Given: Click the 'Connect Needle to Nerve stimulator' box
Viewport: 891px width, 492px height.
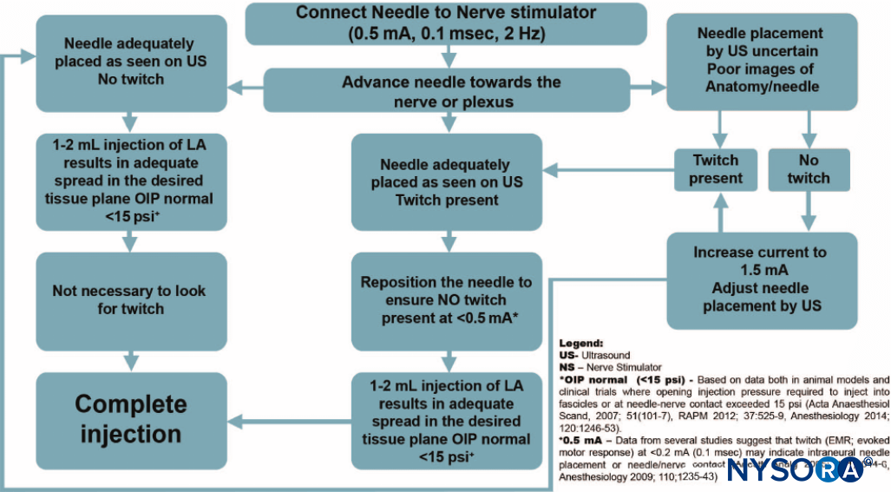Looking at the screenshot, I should point(446,23).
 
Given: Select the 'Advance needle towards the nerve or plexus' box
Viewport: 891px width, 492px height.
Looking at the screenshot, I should point(446,91).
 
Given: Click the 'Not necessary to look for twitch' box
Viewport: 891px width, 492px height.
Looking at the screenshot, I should point(130,300).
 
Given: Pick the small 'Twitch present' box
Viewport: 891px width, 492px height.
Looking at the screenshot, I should point(716,169).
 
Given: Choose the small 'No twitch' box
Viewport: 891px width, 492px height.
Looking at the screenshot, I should point(809,169).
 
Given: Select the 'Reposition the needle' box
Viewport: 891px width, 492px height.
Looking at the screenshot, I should point(446,301).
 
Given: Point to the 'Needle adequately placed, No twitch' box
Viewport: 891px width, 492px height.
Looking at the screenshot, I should point(130,60).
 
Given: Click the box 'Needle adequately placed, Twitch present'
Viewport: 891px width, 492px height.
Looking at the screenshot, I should point(446,181).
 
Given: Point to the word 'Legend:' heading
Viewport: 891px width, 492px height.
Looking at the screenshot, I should point(580,344).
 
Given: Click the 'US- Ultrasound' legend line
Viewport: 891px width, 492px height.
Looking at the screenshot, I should point(595,355).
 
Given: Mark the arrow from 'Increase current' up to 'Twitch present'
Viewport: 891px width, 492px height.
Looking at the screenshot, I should point(716,213).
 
